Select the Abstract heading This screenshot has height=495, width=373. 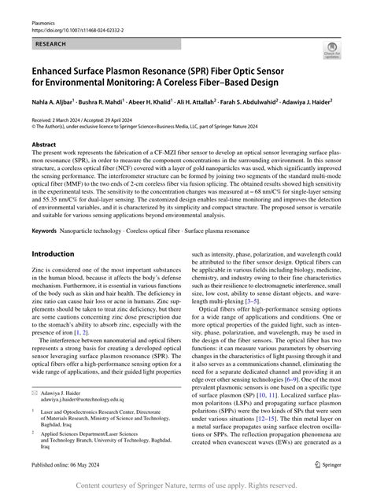(43, 146)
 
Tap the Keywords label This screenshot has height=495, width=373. (48, 230)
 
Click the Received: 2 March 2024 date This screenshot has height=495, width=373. (58, 117)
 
